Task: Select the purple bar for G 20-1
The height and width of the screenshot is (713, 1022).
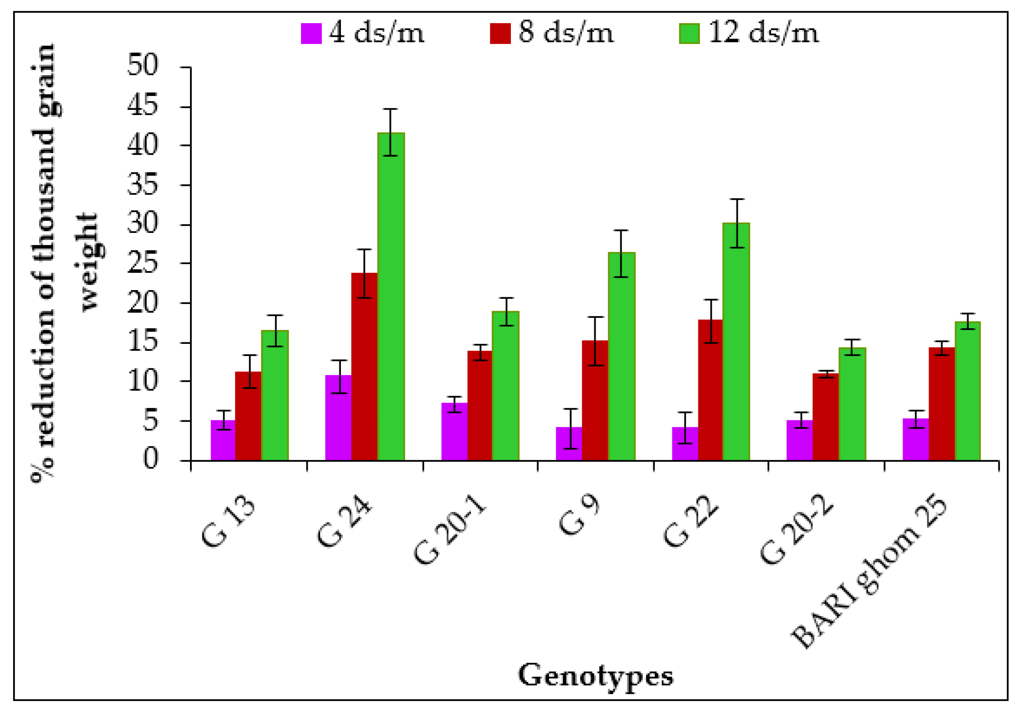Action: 454,431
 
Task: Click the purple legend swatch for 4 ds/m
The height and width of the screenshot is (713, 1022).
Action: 311,33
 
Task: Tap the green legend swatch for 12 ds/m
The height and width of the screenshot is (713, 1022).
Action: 689,33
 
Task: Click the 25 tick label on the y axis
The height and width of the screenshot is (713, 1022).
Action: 143,263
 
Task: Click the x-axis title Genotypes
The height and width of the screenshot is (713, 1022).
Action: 595,676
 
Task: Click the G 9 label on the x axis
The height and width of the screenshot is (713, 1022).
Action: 579,517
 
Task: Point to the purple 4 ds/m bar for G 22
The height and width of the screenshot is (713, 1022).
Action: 684,443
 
